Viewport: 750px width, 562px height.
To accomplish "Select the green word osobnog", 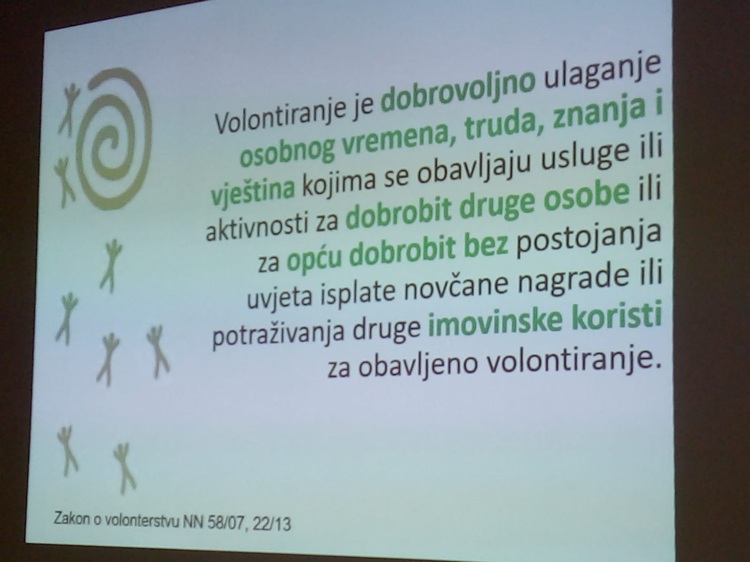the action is (x=286, y=154).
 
